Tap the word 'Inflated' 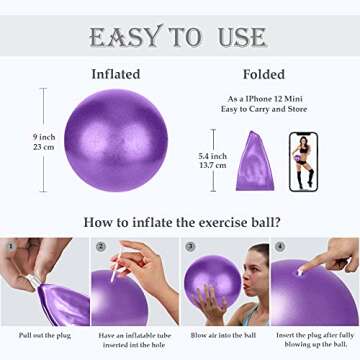pos(116,74)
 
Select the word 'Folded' pos(265,74)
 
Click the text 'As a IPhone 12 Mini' pos(263,98)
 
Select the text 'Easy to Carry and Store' pos(263,110)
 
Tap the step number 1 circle pos(10,246)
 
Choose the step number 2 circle pos(100,246)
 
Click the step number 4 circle pos(279,246)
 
